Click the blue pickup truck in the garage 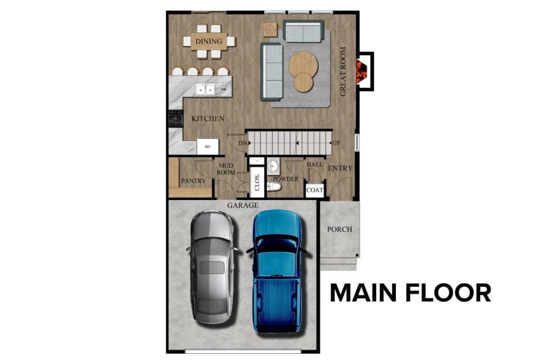point(277,271)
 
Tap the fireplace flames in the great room point(361,72)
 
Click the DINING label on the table point(209,41)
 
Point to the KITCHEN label point(208,119)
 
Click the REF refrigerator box point(208,147)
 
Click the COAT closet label point(315,190)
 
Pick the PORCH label point(340,229)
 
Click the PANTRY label point(193,181)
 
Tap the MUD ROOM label point(226,169)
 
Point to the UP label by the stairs point(335,143)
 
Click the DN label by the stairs point(243,143)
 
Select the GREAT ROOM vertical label point(343,72)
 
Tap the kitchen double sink point(205,90)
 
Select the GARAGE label point(243,205)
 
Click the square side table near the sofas point(270,30)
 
